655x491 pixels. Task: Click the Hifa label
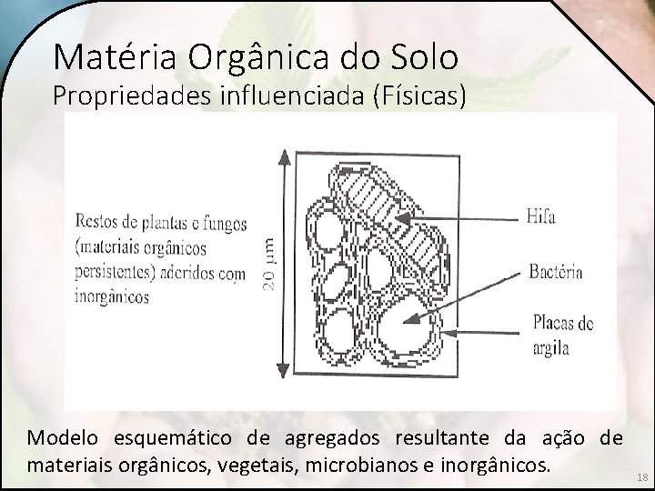click(540, 217)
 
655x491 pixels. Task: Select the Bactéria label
click(555, 272)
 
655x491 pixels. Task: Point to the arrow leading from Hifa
click(455, 217)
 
